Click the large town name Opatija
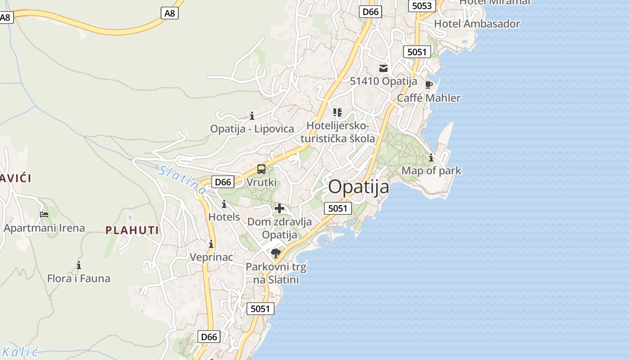pos(359,186)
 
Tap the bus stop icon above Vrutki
pos(261,170)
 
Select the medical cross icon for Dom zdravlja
pos(279,208)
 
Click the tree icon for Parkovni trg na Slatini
pos(276,253)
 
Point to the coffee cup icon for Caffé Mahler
pos(428,85)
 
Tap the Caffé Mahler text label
pos(428,98)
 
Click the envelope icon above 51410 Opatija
pos(383,68)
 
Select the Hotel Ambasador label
pos(477,24)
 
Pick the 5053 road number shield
pos(422,6)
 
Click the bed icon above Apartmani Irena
pos(44,215)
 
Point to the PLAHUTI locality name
pos(132,230)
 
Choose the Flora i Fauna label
pos(79,279)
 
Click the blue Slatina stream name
pos(182,180)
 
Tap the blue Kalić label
pos(20,352)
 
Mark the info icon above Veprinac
pos(211,244)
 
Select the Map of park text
pos(431,171)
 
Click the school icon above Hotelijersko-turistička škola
pos(337,112)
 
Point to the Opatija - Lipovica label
pos(252,129)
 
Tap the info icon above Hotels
pos(224,204)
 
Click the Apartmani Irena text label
pos(44,228)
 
